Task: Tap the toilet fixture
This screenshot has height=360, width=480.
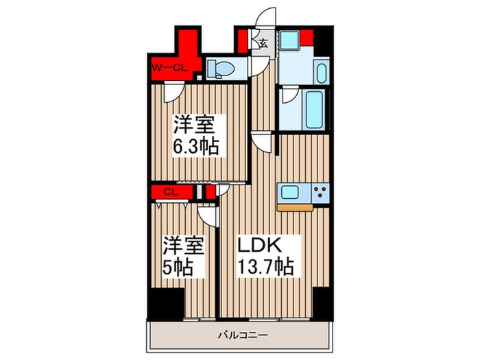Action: tap(220, 67)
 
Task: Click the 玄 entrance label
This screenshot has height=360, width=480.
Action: tap(263, 43)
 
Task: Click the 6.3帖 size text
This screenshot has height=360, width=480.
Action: tap(196, 146)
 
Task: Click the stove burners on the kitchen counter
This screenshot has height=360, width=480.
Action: tap(320, 192)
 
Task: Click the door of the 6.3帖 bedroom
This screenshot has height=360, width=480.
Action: tap(175, 93)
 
